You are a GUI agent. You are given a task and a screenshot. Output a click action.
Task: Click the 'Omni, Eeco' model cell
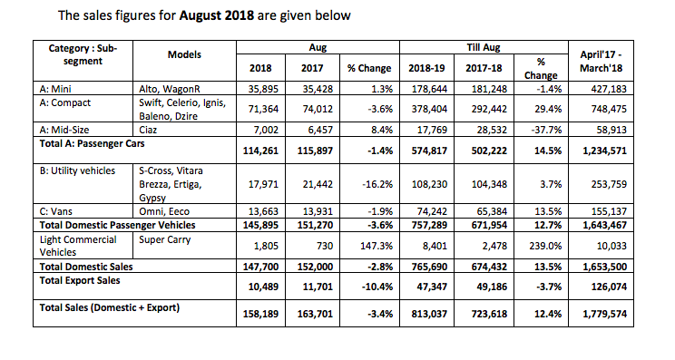[166, 207]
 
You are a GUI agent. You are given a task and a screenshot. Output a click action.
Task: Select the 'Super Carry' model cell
[167, 239]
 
